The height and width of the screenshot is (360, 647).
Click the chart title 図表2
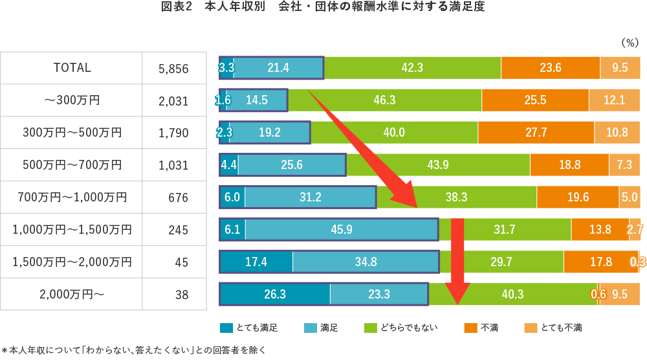coord(176,8)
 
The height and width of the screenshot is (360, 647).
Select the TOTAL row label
coord(72,67)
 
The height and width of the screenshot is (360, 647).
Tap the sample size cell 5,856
coord(173,68)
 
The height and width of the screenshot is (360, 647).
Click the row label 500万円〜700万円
coord(72,165)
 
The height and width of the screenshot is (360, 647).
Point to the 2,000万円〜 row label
coord(72,295)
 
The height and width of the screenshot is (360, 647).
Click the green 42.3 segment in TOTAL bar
coord(412,67)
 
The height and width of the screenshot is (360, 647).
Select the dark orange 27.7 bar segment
coord(536,132)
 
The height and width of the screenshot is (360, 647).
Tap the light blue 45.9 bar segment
coord(342,229)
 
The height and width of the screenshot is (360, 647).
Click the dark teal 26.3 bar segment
coord(275,294)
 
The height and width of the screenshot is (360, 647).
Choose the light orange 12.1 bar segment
coord(614,100)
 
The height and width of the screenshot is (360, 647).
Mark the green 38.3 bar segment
coord(457,197)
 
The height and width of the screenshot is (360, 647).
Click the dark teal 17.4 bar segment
coord(256,262)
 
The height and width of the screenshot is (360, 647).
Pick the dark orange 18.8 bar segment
coord(569,164)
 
